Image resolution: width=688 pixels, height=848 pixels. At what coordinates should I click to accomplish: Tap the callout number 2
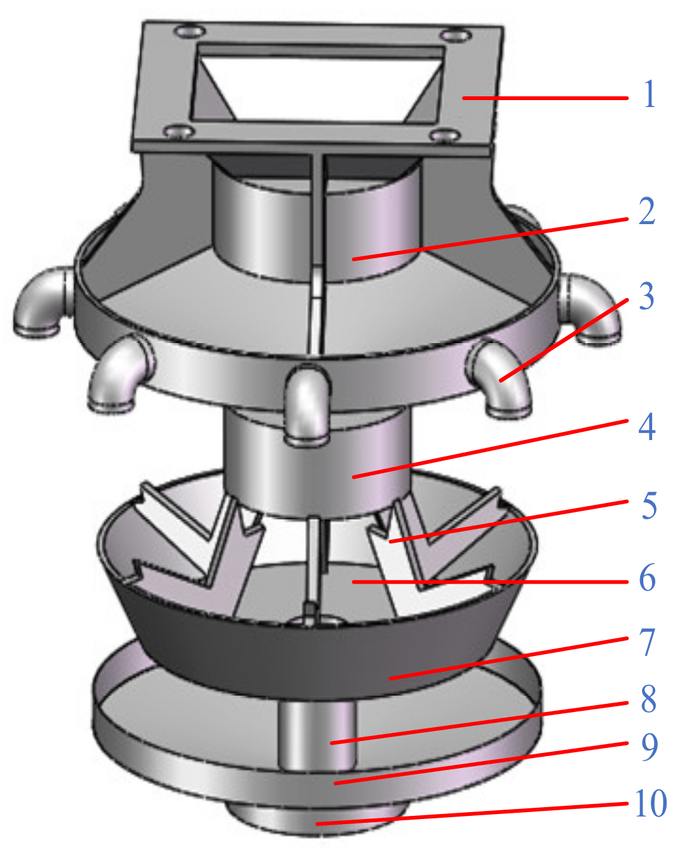point(647,212)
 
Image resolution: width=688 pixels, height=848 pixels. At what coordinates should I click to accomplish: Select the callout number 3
point(646,296)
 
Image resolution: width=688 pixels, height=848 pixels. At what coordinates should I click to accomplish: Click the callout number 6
point(648,578)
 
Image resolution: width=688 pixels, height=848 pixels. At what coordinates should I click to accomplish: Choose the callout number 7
point(648,643)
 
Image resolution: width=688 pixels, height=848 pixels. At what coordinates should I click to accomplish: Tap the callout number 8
point(648,699)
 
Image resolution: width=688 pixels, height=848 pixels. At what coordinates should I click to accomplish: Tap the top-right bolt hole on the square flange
point(454,36)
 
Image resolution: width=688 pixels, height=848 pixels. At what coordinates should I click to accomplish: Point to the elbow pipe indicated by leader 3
point(504,381)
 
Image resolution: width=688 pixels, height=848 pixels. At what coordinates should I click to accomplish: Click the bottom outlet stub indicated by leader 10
point(315,818)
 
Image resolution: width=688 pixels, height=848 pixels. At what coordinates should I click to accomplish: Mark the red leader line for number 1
point(545,98)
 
